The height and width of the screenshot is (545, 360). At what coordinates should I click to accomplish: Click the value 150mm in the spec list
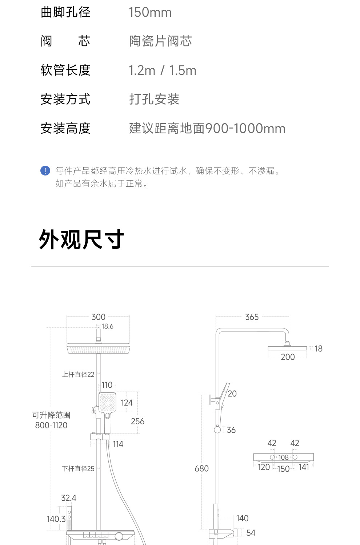pos(150,12)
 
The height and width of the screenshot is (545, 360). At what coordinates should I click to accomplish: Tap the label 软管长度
pos(65,70)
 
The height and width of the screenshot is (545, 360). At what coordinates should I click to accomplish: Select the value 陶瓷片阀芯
pos(160,41)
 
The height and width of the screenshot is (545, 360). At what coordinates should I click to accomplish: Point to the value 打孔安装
pos(154,99)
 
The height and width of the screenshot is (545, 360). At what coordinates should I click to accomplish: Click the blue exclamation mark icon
pos(45,171)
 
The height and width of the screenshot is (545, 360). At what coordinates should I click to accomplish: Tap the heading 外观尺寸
pos(81,240)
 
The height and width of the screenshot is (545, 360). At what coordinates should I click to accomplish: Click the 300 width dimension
pos(98,317)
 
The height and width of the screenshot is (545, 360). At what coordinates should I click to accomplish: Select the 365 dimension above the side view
pos(252,317)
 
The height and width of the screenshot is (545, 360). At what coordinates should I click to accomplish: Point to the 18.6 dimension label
pos(107,326)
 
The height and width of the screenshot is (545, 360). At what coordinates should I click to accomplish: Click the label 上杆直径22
pos(78,374)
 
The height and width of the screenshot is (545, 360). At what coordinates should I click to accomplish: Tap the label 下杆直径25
pos(78,469)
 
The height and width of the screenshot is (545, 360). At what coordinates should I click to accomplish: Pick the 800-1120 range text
pos(51,425)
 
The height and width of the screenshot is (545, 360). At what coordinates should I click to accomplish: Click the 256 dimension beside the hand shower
pos(137,421)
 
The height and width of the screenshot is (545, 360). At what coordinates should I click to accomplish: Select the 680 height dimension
pos(201,468)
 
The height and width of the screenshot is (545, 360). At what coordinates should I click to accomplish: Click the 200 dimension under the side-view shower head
pos(288,357)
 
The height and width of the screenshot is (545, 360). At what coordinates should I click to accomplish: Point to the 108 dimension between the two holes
pos(283,457)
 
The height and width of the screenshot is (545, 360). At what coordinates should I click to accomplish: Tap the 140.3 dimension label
pos(56,519)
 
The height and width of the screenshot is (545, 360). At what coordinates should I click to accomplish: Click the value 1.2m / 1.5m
pos(163,70)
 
